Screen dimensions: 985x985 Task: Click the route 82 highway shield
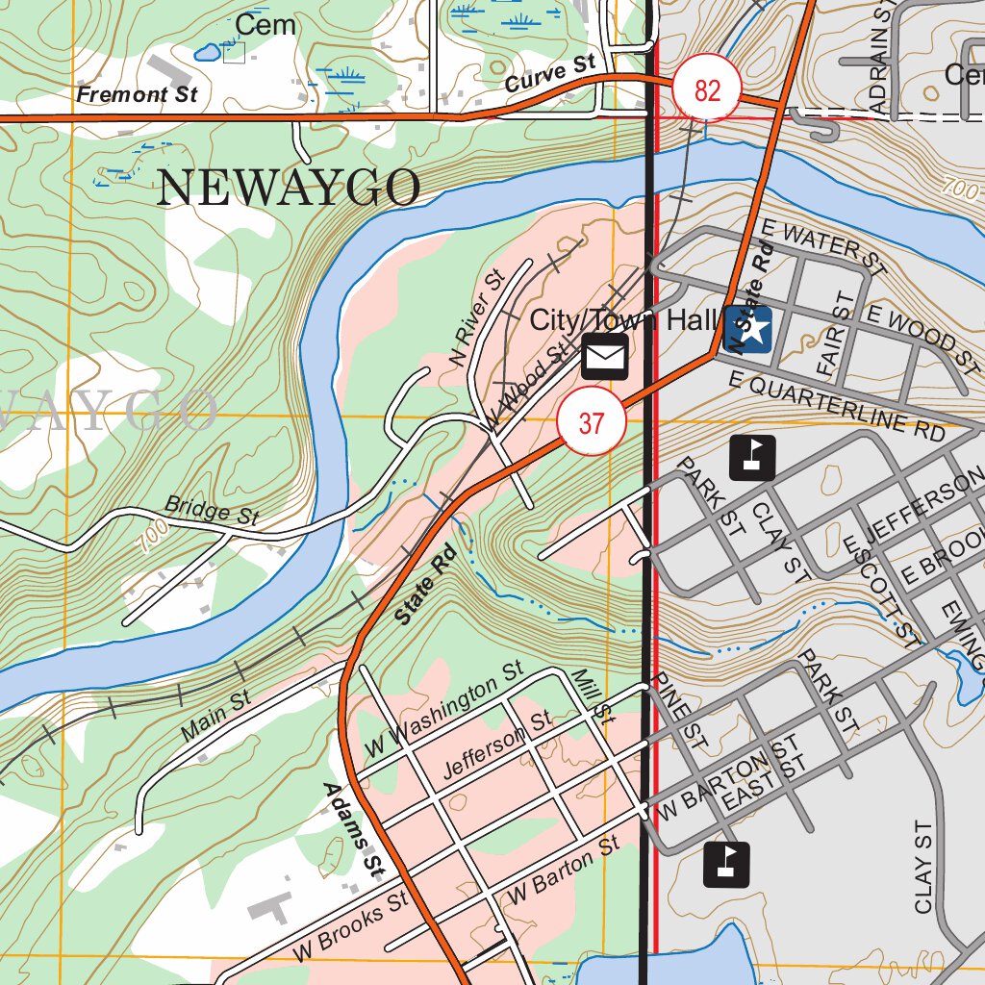(707, 91)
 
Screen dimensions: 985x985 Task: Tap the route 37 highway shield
(592, 422)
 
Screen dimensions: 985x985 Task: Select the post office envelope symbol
(604, 357)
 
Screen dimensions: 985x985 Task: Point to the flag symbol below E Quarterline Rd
(752, 457)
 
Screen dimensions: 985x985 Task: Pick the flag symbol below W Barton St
(726, 864)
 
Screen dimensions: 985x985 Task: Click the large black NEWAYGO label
(288, 188)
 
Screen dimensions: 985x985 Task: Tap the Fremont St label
(137, 94)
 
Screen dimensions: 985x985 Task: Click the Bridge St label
(212, 509)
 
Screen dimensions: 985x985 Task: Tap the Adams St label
(350, 827)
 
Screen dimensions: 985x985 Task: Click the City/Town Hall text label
(624, 319)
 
